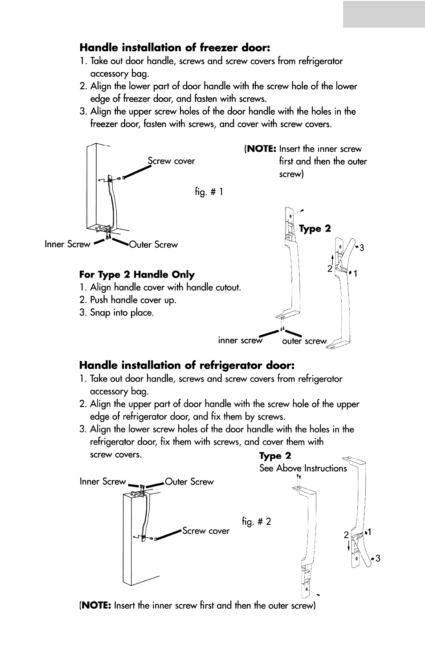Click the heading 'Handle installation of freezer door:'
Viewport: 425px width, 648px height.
click(x=175, y=48)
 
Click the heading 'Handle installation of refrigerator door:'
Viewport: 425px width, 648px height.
click(x=187, y=366)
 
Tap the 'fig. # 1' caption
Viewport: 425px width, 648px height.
click(x=209, y=192)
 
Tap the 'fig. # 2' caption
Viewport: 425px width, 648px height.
click(x=257, y=521)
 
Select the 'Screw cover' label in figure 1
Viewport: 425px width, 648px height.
click(x=172, y=161)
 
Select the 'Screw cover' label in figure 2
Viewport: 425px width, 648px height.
click(x=206, y=531)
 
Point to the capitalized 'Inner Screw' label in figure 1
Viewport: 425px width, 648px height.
click(x=67, y=244)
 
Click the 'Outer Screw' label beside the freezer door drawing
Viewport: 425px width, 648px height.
click(x=153, y=245)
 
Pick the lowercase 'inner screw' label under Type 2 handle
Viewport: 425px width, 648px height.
click(x=240, y=341)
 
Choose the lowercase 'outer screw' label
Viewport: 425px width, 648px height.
click(x=304, y=341)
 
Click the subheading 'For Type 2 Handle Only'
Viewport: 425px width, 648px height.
click(x=137, y=275)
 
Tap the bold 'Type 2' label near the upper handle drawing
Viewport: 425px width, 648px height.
click(x=315, y=228)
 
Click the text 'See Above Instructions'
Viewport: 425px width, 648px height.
click(x=303, y=468)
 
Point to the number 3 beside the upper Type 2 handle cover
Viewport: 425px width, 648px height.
click(x=362, y=248)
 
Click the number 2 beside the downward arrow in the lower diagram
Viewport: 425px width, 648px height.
click(x=346, y=535)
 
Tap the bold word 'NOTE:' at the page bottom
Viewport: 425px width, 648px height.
click(x=96, y=606)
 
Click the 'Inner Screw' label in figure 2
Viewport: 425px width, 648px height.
click(x=103, y=482)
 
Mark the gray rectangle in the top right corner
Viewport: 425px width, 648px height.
click(x=384, y=14)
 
